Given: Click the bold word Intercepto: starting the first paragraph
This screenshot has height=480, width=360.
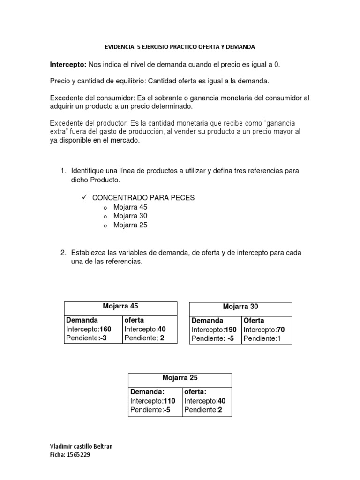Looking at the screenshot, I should coord(67,64).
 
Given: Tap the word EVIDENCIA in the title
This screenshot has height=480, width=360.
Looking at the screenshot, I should coord(120,47).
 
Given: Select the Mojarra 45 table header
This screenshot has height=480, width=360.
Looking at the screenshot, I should coord(120,306).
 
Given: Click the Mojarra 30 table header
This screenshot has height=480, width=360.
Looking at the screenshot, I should coord(240,307).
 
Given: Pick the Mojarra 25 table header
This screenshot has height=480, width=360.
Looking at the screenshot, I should coord(180,377).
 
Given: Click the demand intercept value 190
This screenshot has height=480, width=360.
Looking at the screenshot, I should coord(231,330).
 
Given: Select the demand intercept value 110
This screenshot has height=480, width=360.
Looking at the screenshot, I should coord(169,401).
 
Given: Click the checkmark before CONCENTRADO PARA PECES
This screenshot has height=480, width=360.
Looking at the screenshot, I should coord(85,197).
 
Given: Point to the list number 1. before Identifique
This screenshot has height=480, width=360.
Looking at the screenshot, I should coord(63,171).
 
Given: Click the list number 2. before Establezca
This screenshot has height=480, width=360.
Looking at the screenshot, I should coord(63,253).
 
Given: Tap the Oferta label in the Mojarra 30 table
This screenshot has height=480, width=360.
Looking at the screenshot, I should coord(254,321).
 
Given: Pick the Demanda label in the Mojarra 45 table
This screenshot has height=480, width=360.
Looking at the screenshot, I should coord(82,320).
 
